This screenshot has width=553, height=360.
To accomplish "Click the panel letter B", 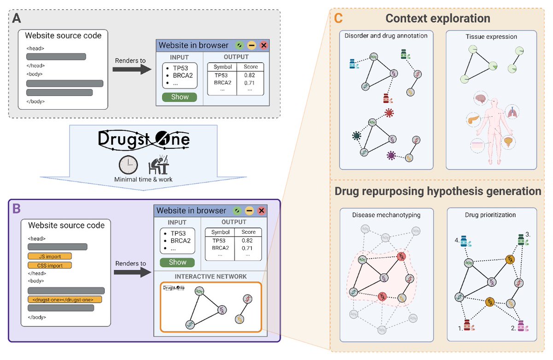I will pyautogui.click(x=16, y=208).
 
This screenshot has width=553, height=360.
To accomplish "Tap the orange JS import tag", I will pyautogui.click(x=50, y=256).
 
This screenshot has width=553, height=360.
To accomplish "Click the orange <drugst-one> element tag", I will pyautogui.click(x=65, y=299).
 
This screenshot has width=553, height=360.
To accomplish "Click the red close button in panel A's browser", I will pyautogui.click(x=264, y=45).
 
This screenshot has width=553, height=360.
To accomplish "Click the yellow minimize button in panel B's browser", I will pyautogui.click(x=249, y=211).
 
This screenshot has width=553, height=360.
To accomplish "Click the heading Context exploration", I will pyautogui.click(x=437, y=18).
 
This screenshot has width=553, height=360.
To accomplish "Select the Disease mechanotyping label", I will pyautogui.click(x=380, y=215).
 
